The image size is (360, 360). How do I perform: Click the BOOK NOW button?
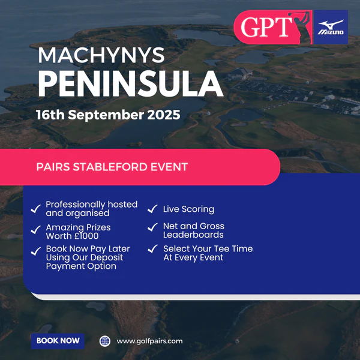click(58, 341)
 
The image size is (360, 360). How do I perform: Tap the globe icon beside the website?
click(105, 341)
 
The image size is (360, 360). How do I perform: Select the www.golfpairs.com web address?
click(149, 341)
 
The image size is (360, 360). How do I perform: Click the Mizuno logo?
click(331, 27)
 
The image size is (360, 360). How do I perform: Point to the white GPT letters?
click(266, 27)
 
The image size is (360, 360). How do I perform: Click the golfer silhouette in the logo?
click(301, 27)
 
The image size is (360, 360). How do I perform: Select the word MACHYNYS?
click(101, 55)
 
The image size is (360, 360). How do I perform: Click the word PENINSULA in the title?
click(130, 83)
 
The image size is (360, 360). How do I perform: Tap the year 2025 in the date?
click(164, 115)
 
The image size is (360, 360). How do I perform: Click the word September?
click(106, 115)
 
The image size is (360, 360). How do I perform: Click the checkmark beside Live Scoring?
click(152, 209)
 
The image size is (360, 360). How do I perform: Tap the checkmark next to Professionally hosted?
click(36, 209)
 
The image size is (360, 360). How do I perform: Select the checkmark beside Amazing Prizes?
click(36, 230)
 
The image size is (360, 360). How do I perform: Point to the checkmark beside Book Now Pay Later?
click(36, 251)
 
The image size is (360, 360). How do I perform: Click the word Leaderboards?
click(193, 235)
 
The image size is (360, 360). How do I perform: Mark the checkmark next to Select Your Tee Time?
click(153, 248)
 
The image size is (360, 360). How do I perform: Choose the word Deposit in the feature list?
click(107, 257)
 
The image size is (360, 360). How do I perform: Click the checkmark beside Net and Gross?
click(152, 227)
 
